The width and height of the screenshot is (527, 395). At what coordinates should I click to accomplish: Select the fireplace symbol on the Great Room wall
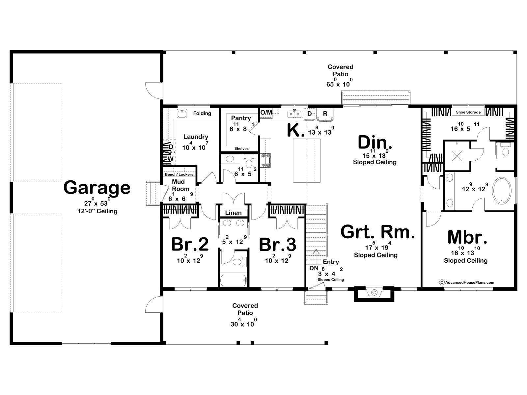pos(374,292)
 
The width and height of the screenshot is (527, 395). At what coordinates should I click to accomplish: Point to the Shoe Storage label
pos(468,112)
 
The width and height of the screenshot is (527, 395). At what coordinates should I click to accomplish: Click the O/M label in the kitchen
pos(266,113)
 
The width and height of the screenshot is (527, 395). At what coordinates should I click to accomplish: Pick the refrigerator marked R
pos(325,114)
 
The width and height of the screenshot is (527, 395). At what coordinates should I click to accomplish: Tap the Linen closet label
pos(234,213)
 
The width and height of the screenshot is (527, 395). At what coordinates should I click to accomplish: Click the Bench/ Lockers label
pos(179,174)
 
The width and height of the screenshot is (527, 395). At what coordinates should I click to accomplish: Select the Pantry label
pos(241,118)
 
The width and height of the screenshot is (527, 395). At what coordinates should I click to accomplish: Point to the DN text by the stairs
pos(314,268)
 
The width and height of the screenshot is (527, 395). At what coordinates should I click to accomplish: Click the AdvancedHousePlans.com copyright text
pos(467,282)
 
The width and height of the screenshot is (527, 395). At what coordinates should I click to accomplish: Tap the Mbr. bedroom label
pos(467,237)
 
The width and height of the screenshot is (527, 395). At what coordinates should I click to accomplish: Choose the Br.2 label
pos(190,244)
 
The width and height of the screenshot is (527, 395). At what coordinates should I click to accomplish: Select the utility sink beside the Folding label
pos(182,114)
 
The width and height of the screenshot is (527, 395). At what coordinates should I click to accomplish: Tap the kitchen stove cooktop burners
pos(266,160)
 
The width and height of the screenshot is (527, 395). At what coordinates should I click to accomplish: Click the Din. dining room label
pos(375,143)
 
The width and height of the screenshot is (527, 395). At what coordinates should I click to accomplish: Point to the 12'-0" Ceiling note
pos(97,211)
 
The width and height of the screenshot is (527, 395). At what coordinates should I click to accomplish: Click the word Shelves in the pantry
pos(241,149)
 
